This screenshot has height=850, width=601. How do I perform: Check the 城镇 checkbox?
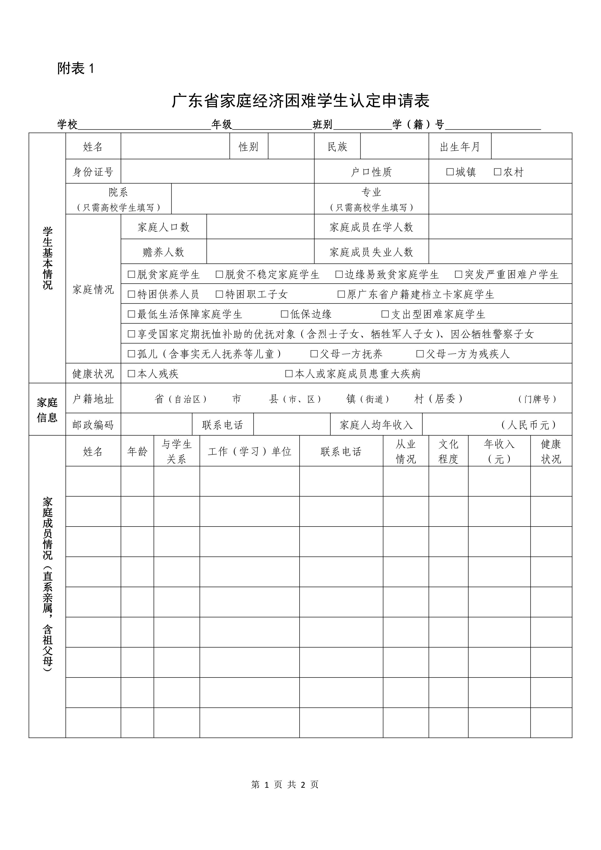(450, 172)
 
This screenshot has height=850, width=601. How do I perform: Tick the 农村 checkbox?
(498, 172)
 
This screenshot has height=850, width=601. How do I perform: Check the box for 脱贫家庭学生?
(131, 274)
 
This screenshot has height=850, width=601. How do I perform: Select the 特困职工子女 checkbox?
(219, 294)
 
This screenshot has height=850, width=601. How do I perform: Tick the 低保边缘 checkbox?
(285, 314)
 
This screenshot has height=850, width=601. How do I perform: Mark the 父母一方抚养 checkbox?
(314, 354)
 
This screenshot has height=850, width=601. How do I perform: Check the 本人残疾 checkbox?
(131, 374)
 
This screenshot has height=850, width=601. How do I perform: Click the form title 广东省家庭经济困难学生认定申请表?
(300, 101)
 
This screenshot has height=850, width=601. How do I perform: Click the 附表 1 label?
(76, 69)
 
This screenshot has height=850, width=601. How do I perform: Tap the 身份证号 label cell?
(93, 172)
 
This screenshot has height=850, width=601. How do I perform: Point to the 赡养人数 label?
(163, 252)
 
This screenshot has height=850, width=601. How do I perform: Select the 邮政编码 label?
(93, 425)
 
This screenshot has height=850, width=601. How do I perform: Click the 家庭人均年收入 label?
(376, 425)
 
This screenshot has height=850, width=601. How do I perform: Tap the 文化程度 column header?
(448, 451)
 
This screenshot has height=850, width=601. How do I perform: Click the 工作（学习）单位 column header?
(250, 451)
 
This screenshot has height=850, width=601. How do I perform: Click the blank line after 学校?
(144, 126)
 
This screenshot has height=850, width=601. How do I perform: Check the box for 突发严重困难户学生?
(459, 274)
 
